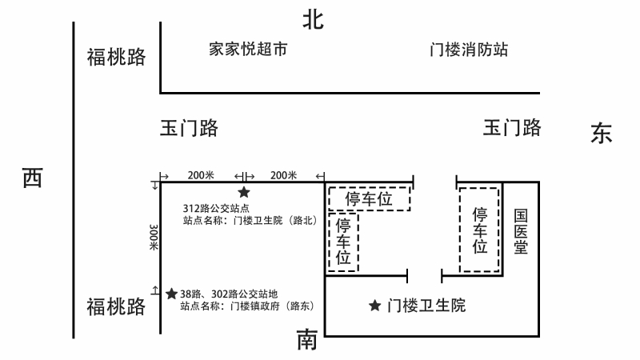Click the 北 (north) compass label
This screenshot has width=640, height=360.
pos(313,20)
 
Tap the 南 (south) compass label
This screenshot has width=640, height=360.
pos(307,340)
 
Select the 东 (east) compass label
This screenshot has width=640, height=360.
pos(602,133)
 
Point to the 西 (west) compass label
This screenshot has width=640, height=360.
pos(32,178)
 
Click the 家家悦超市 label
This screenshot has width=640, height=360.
pos(248,49)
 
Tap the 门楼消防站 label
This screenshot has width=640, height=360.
pos(469,50)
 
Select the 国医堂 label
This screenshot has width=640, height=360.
pos(521,231)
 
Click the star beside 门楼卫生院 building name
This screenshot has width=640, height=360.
pos(374,306)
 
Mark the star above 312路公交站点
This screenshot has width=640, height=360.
pos(244,192)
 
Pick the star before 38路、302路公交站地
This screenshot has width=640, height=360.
pos(171,294)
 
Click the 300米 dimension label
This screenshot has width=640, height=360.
pos(154,237)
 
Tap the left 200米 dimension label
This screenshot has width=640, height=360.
pos(201,175)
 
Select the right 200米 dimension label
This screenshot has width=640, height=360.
pos(283,175)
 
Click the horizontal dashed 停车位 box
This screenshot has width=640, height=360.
pos(369,187)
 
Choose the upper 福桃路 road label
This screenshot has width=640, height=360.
pos(116,57)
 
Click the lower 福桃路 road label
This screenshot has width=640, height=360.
pos(116,306)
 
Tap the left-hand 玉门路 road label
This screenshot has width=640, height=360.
pos(189,128)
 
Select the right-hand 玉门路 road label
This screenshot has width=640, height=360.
pos(512,128)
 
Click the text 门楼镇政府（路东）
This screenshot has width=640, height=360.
pos(272,306)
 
